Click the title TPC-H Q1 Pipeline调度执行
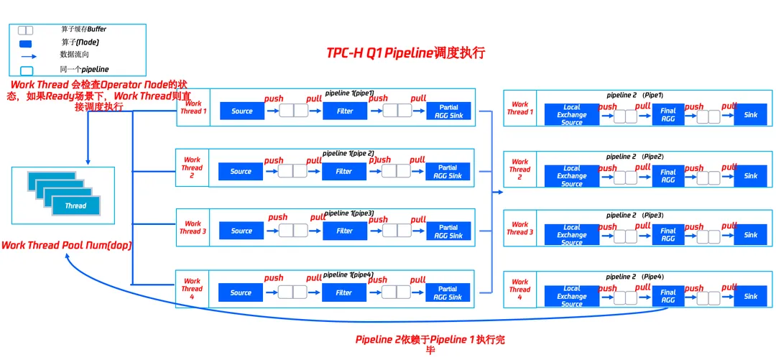(x=405, y=54)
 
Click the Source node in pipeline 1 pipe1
(x=242, y=111)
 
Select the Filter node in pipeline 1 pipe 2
(x=345, y=171)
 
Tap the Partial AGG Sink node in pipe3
(x=448, y=231)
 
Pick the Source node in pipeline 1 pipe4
(x=241, y=292)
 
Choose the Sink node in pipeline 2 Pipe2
(x=751, y=175)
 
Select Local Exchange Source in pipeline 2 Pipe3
(x=572, y=235)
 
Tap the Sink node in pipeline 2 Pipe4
(x=751, y=296)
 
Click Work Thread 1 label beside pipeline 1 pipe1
(x=193, y=107)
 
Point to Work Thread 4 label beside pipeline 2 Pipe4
(x=519, y=290)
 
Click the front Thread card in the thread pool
(x=75, y=206)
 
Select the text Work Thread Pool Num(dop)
(x=66, y=245)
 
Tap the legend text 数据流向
(x=74, y=55)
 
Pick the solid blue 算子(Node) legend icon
(x=25, y=42)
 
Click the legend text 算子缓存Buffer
(x=83, y=29)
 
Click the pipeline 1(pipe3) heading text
(x=348, y=213)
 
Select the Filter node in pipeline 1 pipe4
(x=345, y=292)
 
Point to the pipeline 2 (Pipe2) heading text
(x=634, y=156)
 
